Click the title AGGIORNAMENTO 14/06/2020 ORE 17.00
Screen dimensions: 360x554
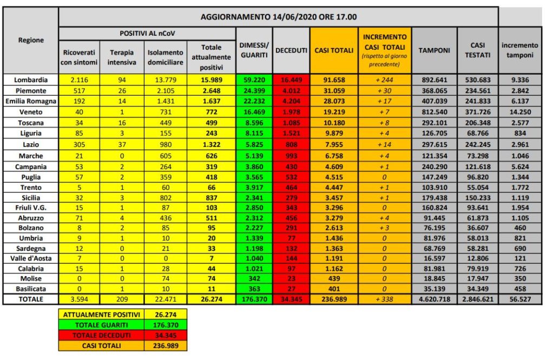(x=278, y=17)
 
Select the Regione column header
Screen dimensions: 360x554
(x=31, y=40)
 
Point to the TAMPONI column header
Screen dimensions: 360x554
(x=434, y=50)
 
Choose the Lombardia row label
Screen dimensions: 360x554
(x=31, y=80)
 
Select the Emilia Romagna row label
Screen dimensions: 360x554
(x=31, y=101)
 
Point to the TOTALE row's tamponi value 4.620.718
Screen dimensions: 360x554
(x=434, y=299)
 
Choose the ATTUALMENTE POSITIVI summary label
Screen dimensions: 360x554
(x=101, y=315)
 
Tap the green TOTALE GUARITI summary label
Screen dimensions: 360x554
(x=101, y=325)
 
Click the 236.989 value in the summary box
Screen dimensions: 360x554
(x=165, y=345)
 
